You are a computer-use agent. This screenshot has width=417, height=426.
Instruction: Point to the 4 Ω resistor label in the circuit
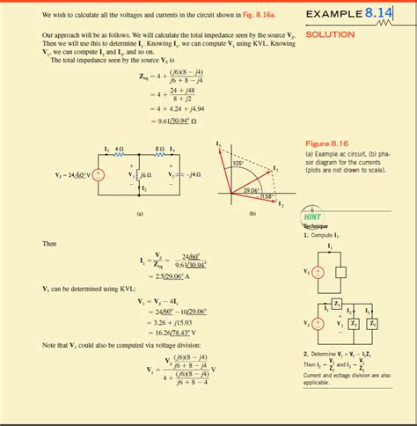[x=118, y=150]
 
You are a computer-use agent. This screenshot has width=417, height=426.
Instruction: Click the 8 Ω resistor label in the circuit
[x=159, y=150]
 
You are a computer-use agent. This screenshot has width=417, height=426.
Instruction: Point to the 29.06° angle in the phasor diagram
[x=251, y=190]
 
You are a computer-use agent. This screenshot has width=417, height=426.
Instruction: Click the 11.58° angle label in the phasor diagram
[x=265, y=196]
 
